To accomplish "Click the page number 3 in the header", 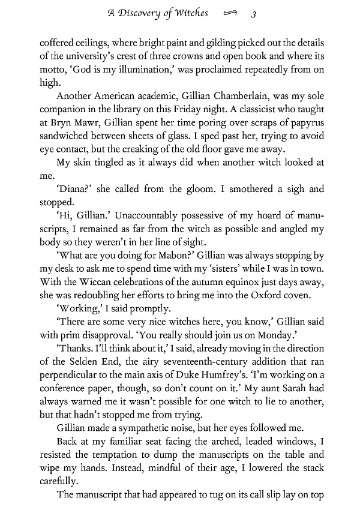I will point(254,14).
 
